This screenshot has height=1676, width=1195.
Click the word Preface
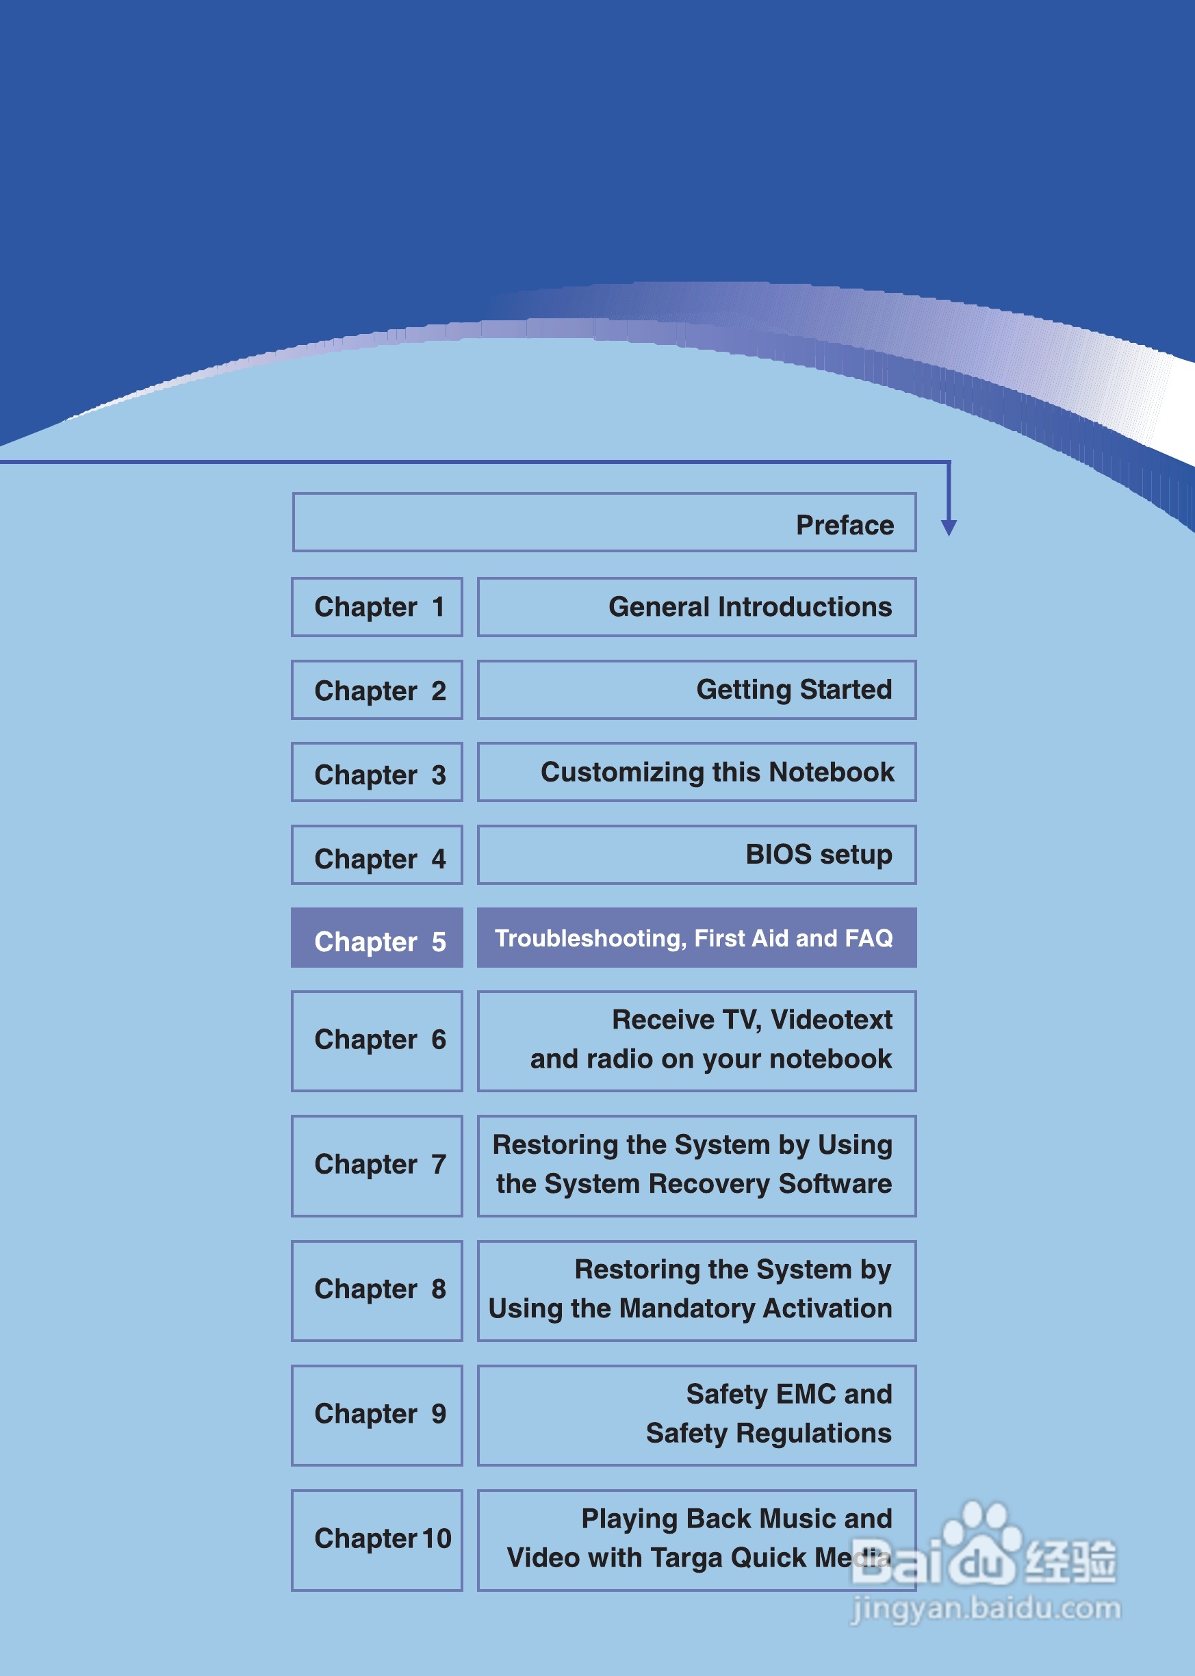click(845, 526)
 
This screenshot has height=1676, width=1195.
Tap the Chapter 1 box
click(376, 608)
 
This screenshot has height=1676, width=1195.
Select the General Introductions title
click(750, 607)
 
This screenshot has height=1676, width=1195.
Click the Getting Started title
click(794, 690)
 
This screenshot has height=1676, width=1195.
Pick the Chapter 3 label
click(380, 775)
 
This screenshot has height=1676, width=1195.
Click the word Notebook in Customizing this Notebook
click(832, 773)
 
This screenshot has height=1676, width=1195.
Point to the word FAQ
click(869, 939)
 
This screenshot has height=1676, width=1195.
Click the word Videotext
click(831, 1020)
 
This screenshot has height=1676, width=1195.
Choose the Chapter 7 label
click(380, 1165)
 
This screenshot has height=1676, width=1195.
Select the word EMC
click(806, 1394)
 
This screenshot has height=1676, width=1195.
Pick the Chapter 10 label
click(383, 1538)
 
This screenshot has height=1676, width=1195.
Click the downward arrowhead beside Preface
click(949, 527)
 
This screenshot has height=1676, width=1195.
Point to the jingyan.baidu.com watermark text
click(986, 1608)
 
